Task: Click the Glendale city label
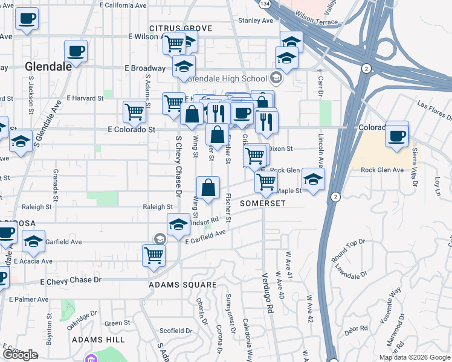click(x=48, y=67)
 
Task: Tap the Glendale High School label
click(x=227, y=78)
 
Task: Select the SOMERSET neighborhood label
click(x=262, y=203)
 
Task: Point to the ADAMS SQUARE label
click(x=182, y=284)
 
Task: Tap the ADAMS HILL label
click(x=97, y=340)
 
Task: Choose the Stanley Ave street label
click(x=256, y=21)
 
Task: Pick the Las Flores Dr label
click(x=431, y=110)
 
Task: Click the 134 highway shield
click(x=265, y=4)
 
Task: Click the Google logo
click(x=20, y=355)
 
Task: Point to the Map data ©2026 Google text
click(x=414, y=357)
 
